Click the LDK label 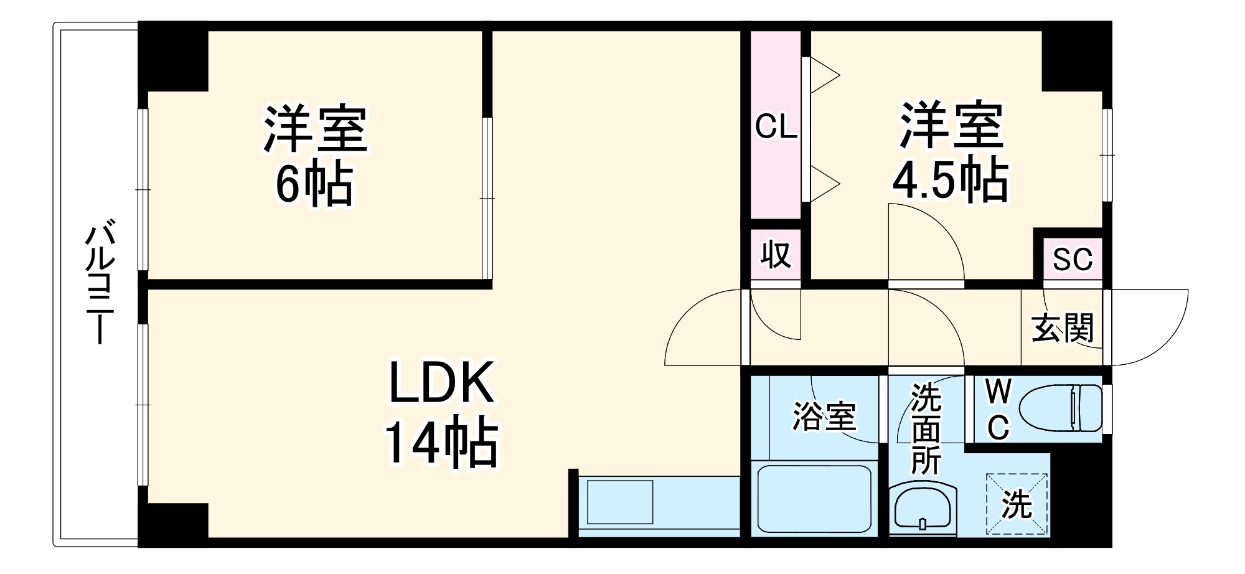click(441, 382)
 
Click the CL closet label click(776, 127)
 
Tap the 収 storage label click(776, 255)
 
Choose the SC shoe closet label click(1073, 259)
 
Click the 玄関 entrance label click(1063, 327)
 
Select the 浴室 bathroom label click(824, 416)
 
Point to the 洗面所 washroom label click(926, 429)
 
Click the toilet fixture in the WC click(1061, 408)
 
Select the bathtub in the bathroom click(814, 499)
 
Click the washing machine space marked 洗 click(1017, 504)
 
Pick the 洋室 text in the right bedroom click(950, 126)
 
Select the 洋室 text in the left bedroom click(316, 129)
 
